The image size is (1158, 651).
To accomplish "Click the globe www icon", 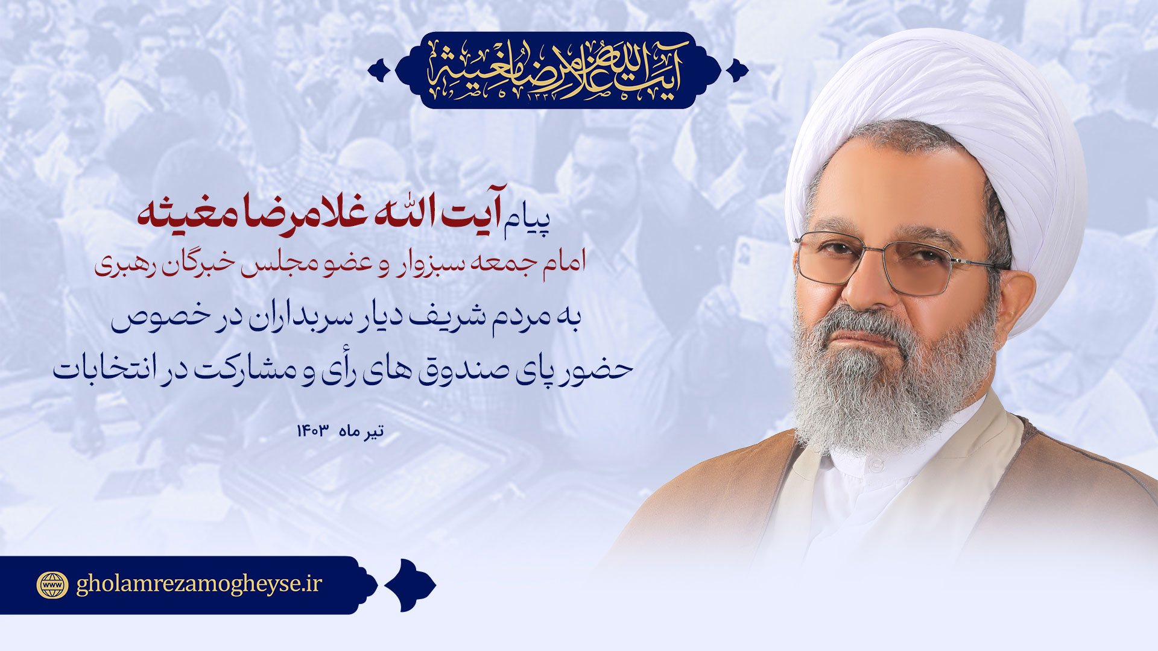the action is coord(53,585).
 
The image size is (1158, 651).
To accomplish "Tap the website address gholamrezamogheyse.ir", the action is coord(199,584).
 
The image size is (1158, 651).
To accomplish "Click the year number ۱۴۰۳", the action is coord(312,431).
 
